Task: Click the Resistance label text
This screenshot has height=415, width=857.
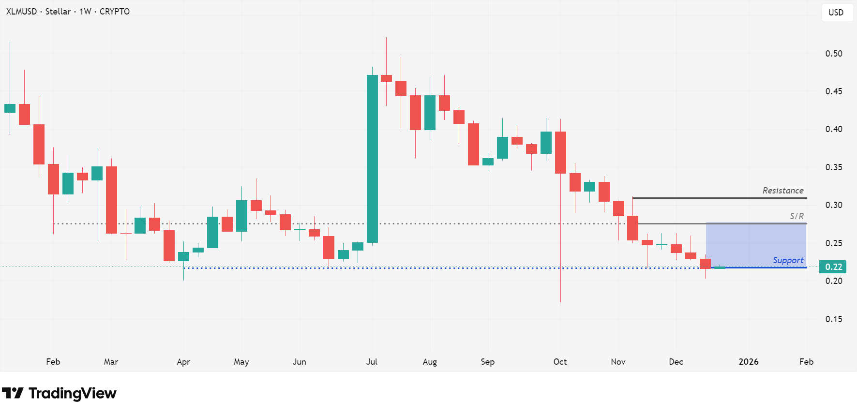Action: click(x=782, y=191)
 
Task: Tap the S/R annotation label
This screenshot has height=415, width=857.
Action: click(x=797, y=216)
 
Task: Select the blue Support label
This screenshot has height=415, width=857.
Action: click(x=788, y=260)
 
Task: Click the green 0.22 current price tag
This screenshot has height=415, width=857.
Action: click(x=833, y=267)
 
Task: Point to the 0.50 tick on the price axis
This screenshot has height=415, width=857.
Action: click(x=833, y=54)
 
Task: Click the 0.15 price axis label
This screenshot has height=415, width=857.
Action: click(x=833, y=319)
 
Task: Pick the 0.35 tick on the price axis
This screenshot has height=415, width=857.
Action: click(x=833, y=167)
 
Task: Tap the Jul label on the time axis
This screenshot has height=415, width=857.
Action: click(x=372, y=362)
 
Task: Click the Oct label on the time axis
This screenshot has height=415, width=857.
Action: click(x=560, y=362)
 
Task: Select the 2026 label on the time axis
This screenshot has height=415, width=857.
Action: click(x=748, y=362)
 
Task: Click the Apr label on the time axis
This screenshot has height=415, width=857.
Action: click(x=183, y=362)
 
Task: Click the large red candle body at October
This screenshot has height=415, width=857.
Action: click(x=560, y=152)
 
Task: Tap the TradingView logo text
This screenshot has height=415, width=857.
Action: click(x=72, y=394)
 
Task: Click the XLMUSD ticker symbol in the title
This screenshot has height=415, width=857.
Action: click(x=21, y=12)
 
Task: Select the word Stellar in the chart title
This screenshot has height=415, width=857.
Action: click(x=58, y=12)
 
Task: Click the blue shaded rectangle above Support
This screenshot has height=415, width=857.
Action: click(x=756, y=244)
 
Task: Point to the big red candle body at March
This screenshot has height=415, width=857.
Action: click(x=111, y=200)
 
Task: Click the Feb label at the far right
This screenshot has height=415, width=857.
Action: click(x=806, y=362)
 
